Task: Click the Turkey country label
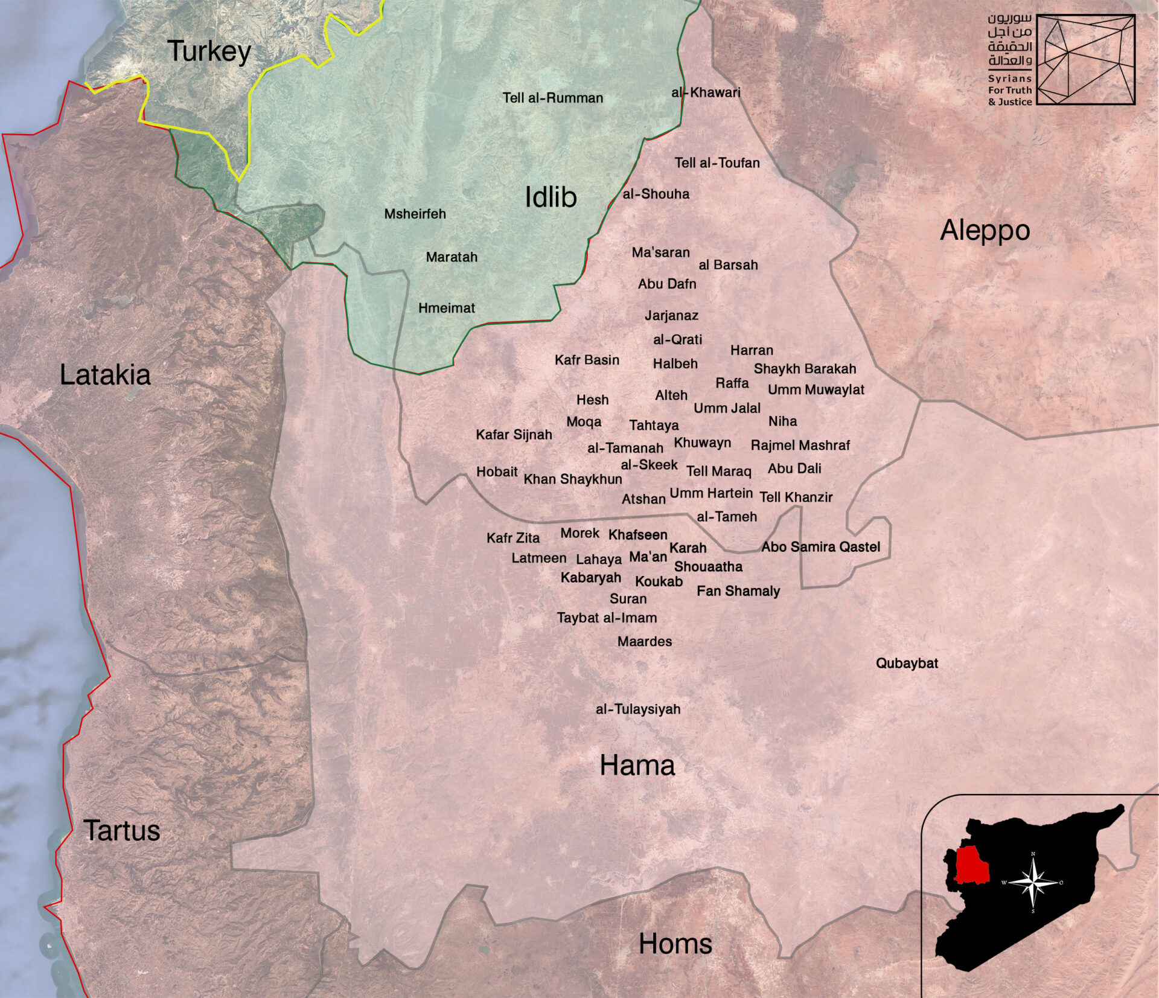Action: [209, 51]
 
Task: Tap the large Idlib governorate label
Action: [551, 197]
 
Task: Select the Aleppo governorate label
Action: [985, 231]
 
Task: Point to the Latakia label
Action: [105, 375]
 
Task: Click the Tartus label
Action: [122, 831]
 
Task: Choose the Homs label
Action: [675, 943]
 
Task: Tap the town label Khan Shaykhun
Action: [572, 479]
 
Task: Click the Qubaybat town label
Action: [907, 664]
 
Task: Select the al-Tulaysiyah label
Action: [637, 709]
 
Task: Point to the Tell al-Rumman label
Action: [552, 98]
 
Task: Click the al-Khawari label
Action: [706, 93]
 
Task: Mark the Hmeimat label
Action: [446, 309]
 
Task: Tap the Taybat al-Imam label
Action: [607, 618]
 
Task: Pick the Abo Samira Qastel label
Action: [820, 547]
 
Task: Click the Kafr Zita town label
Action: [513, 538]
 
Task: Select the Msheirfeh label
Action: [415, 214]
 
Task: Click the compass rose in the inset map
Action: [1033, 883]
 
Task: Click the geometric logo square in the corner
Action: [1085, 59]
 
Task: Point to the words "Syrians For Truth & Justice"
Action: [1009, 91]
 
